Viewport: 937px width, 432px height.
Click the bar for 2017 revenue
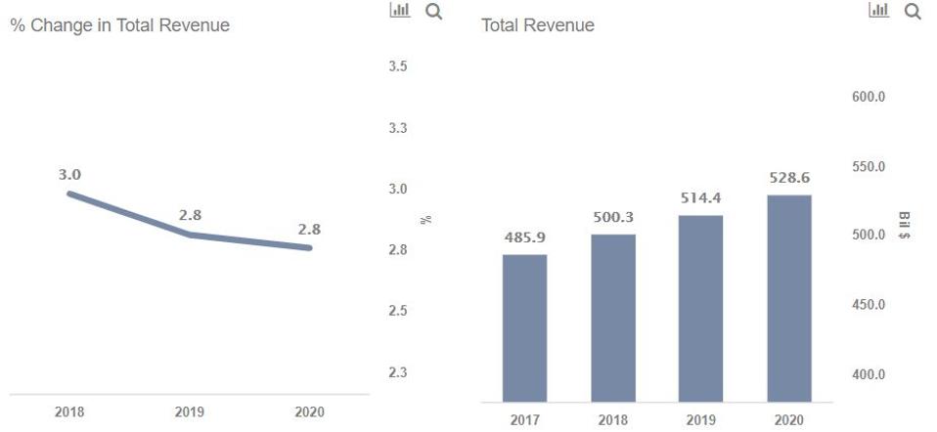(524, 327)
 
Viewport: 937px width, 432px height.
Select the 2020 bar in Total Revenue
(788, 298)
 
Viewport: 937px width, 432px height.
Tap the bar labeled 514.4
(700, 308)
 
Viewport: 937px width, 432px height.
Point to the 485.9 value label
(524, 238)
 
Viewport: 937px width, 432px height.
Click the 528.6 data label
(788, 178)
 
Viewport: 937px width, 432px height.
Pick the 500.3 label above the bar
(612, 217)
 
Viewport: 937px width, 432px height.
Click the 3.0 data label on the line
(68, 175)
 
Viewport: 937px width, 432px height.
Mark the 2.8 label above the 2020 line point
(309, 230)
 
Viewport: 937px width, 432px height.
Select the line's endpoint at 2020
(309, 248)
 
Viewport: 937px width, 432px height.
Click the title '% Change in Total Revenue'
(119, 25)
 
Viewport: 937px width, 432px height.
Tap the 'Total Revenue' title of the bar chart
(537, 25)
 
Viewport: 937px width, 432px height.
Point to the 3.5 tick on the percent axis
(398, 66)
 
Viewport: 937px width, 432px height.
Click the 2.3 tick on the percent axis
(398, 372)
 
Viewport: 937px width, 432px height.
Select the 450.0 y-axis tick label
(869, 305)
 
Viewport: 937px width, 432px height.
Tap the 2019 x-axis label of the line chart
(189, 412)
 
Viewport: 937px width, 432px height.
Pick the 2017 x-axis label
(524, 420)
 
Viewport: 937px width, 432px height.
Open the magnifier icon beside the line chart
(433, 11)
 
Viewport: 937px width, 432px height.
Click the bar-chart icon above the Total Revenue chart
(878, 11)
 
